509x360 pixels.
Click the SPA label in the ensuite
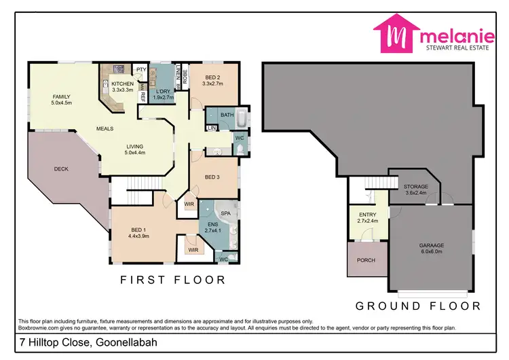click(x=225, y=213)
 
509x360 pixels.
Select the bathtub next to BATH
click(x=242, y=115)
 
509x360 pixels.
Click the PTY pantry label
click(x=141, y=70)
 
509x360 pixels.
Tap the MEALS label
click(x=105, y=128)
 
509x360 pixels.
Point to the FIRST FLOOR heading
click(x=172, y=279)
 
